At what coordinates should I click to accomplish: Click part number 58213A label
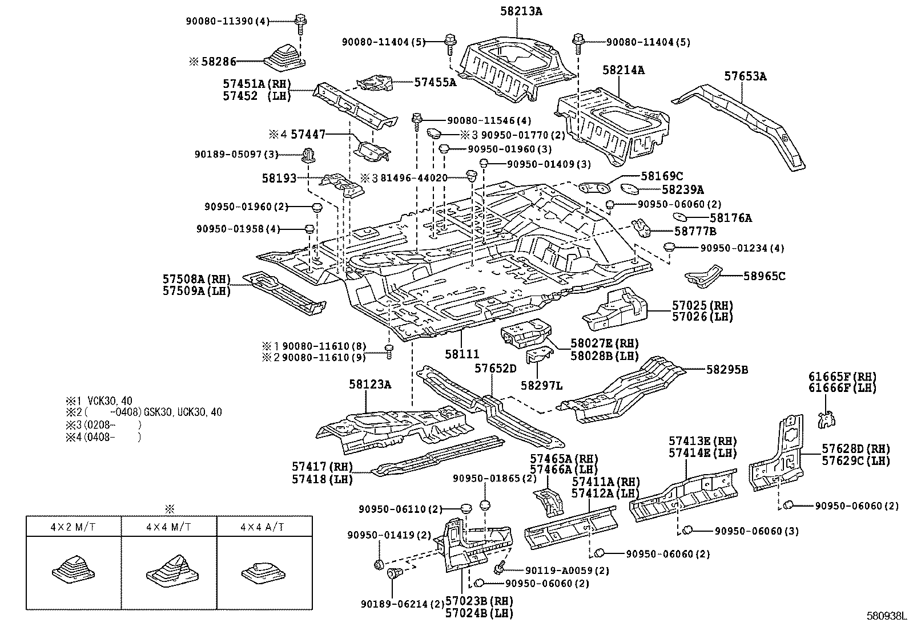518,10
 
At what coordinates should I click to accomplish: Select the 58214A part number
624,70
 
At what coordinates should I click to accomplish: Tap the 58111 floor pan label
462,354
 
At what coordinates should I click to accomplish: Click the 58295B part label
727,370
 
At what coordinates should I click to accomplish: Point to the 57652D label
495,369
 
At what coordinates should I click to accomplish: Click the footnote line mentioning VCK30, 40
103,401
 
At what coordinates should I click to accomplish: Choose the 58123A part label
370,385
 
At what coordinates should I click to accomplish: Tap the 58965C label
764,276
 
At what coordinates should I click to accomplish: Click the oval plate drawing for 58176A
680,216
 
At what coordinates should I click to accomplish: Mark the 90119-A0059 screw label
558,570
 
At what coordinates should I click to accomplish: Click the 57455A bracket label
435,82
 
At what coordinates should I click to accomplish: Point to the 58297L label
541,386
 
